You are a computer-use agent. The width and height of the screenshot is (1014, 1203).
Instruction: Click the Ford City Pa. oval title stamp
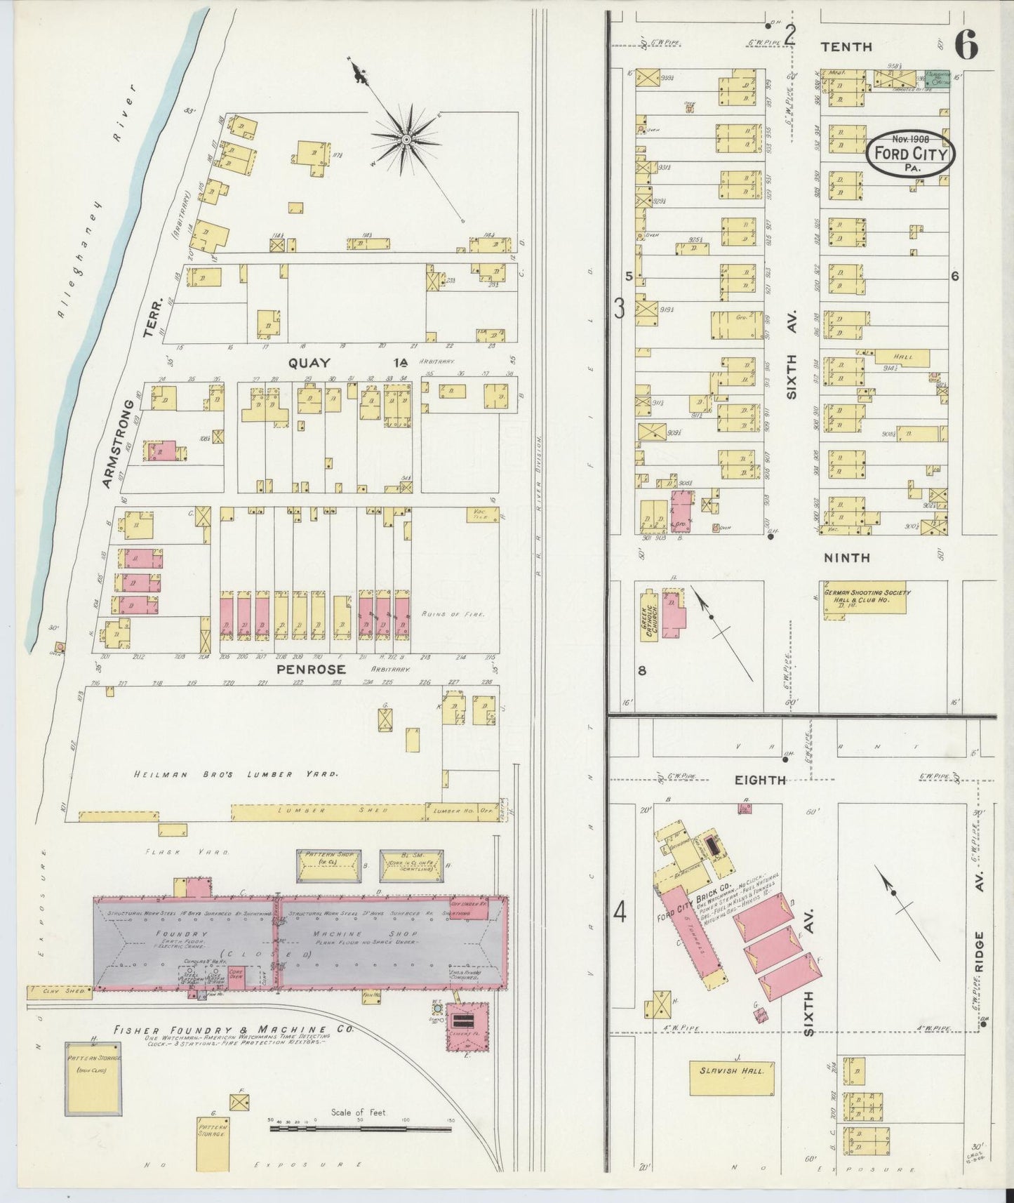pos(911,154)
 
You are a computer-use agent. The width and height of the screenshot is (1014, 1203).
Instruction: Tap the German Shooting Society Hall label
pos(867,596)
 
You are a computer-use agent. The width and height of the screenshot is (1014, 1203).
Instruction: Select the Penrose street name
pos(311,669)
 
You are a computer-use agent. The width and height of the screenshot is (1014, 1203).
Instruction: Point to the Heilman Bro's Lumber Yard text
pos(236,773)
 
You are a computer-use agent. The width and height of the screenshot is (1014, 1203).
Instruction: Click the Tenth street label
pos(846,46)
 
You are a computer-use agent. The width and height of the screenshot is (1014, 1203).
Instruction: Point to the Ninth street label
pos(846,557)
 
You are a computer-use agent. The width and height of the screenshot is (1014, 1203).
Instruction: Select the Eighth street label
pos(760,780)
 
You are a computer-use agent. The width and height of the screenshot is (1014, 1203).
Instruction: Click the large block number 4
pos(620,912)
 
